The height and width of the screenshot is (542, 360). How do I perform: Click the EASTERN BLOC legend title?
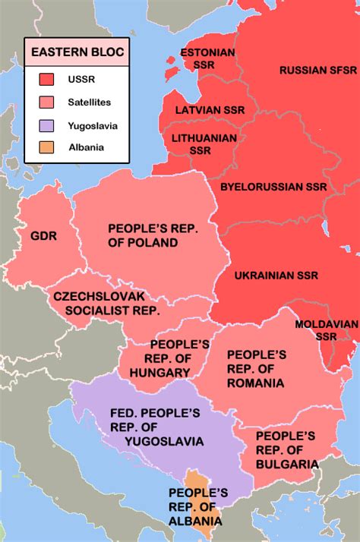76,53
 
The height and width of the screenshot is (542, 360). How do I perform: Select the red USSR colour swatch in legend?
47,79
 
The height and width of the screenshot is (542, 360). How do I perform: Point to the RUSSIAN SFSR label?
317,70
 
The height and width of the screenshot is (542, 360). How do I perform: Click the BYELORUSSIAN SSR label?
273,186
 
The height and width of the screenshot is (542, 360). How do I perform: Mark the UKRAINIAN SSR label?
276,275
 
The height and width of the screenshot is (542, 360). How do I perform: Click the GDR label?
44,235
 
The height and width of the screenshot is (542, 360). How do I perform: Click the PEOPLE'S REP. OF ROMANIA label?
256,369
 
